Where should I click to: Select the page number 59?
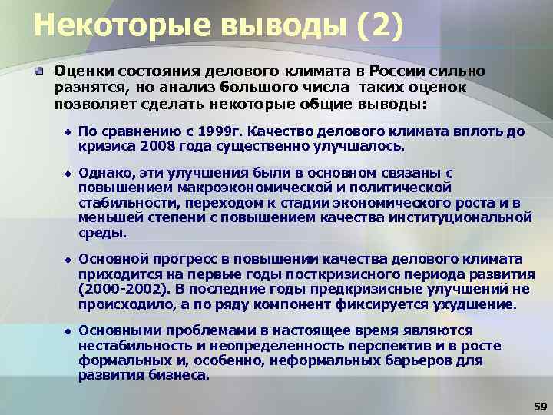pos(538,405)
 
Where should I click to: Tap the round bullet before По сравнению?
pos(68,132)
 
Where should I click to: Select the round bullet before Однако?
pos(68,174)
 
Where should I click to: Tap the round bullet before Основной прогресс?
pos(68,259)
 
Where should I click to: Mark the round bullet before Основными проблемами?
pos(68,329)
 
